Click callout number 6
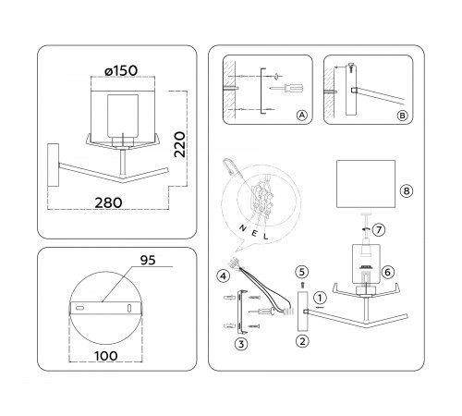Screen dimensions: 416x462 [x=387, y=272]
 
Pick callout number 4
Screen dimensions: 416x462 [x=223, y=275]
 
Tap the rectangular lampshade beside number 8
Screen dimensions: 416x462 [x=365, y=188]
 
